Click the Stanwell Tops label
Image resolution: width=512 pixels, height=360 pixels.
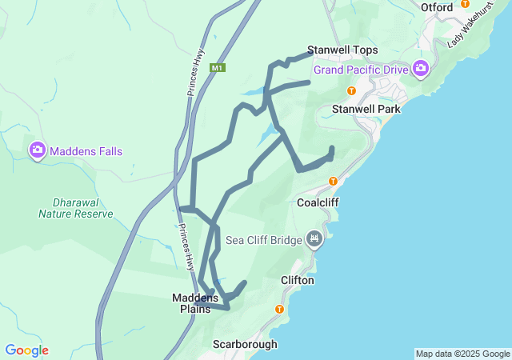(x=342, y=50)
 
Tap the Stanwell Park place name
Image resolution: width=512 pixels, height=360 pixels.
(x=359, y=108)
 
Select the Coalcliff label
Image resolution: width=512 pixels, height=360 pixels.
(x=318, y=202)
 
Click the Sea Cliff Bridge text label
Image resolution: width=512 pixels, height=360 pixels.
(x=263, y=239)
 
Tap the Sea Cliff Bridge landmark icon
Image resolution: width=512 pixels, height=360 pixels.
(x=314, y=238)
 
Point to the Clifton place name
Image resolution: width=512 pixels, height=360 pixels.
(x=298, y=281)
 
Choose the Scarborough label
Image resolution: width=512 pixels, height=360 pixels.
(x=245, y=344)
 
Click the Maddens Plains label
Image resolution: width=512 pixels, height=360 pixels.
(x=195, y=303)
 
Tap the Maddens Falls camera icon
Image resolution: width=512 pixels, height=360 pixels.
(x=38, y=150)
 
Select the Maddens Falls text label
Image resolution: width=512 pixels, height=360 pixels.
(x=86, y=150)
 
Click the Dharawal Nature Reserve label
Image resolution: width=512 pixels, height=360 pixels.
(x=75, y=208)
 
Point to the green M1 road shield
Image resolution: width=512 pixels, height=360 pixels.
(x=217, y=68)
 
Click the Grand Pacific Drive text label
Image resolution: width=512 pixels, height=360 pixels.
(x=361, y=70)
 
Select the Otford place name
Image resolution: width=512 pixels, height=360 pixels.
(x=437, y=7)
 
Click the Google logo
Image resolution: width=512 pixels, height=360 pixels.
(x=26, y=350)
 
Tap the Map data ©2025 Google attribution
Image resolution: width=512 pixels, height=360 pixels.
(x=462, y=354)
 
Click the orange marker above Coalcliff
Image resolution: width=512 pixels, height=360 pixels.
(x=333, y=181)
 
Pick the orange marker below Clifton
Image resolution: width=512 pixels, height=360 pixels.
(x=279, y=309)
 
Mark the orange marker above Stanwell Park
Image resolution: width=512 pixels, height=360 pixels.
(x=351, y=90)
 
